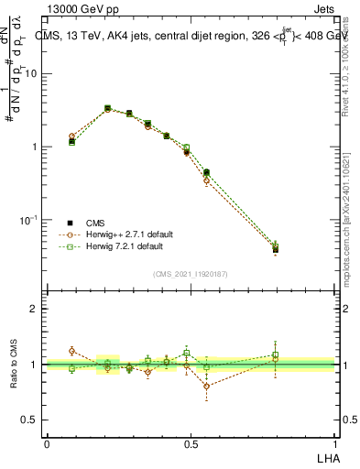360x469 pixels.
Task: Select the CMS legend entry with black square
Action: [89, 223]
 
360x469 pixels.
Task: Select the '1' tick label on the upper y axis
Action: [35, 147]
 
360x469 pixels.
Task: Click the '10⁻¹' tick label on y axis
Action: [29, 220]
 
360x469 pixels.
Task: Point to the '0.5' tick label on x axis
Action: [191, 442]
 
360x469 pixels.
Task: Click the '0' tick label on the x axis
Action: [47, 442]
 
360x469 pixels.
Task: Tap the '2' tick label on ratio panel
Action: [35, 309]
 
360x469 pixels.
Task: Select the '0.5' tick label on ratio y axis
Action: [30, 420]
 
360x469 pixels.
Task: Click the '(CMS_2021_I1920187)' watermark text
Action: [190, 273]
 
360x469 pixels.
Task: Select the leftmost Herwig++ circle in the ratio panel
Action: [72, 351]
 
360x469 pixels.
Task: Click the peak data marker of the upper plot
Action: [107, 108]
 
